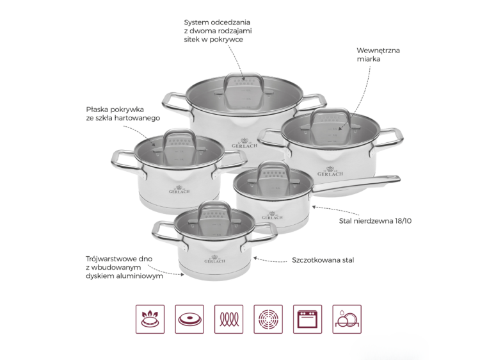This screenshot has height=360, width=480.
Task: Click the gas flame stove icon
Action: pos(150,319)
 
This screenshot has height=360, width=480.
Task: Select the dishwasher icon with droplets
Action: pos(347,319)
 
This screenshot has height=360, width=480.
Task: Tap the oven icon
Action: pos(307,319)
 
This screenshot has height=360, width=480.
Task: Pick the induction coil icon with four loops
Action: pos(228,319)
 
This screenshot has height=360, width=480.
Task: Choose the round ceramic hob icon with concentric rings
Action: pos(268,319)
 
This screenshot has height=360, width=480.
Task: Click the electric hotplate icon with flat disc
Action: pos(189,319)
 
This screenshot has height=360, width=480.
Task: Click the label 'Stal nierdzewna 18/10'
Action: pos(375,221)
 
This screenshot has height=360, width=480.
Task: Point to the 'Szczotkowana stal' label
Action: pos(323,260)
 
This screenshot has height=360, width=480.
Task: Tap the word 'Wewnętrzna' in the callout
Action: pos(378,51)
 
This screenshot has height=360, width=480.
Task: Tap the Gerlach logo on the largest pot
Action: pos(244,143)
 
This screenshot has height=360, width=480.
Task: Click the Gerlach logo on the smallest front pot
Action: pos(214,259)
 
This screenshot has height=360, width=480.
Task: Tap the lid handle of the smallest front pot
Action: pos(214,208)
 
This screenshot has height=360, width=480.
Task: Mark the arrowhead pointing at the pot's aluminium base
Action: pos(182,275)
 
